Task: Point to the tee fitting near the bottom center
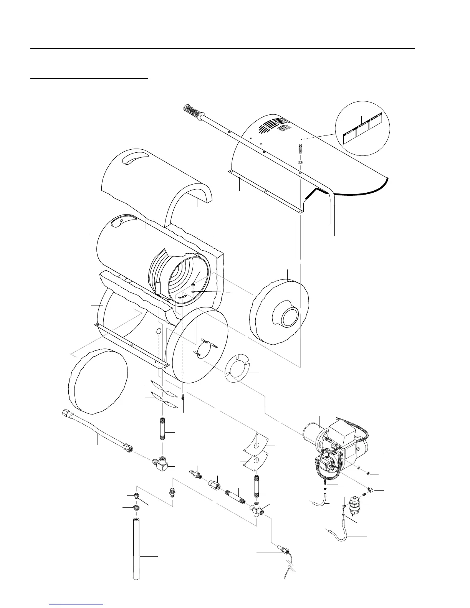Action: coord(256,509)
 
